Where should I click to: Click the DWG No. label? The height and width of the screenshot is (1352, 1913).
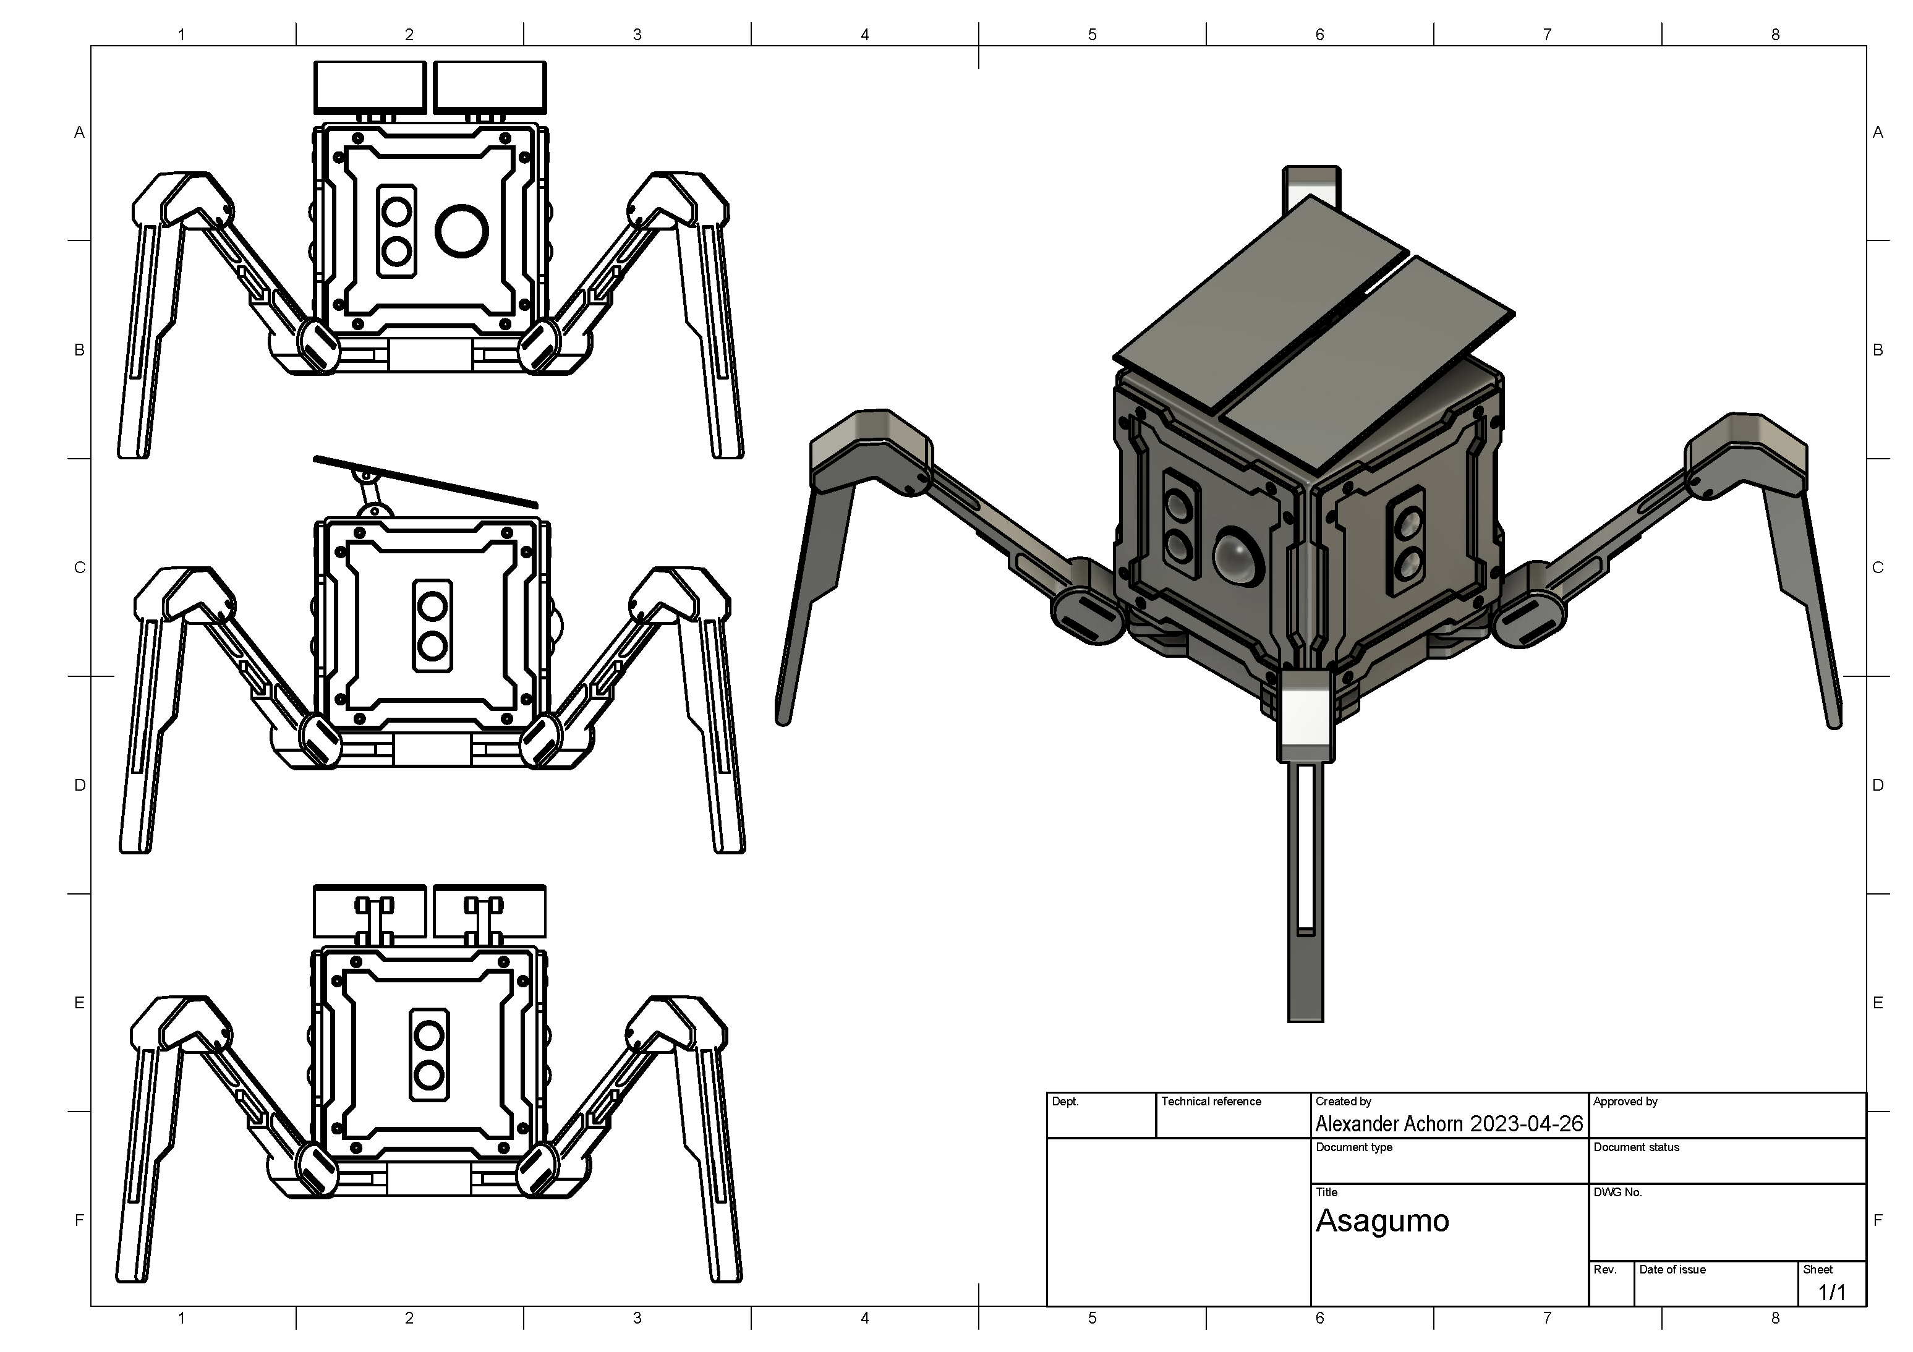point(1617,1193)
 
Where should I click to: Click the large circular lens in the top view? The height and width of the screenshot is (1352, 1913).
point(462,231)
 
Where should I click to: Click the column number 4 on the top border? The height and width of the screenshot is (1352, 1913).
point(865,34)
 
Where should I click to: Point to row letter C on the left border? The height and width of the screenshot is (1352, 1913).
point(80,568)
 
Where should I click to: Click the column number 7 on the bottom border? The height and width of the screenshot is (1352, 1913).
point(1547,1318)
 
